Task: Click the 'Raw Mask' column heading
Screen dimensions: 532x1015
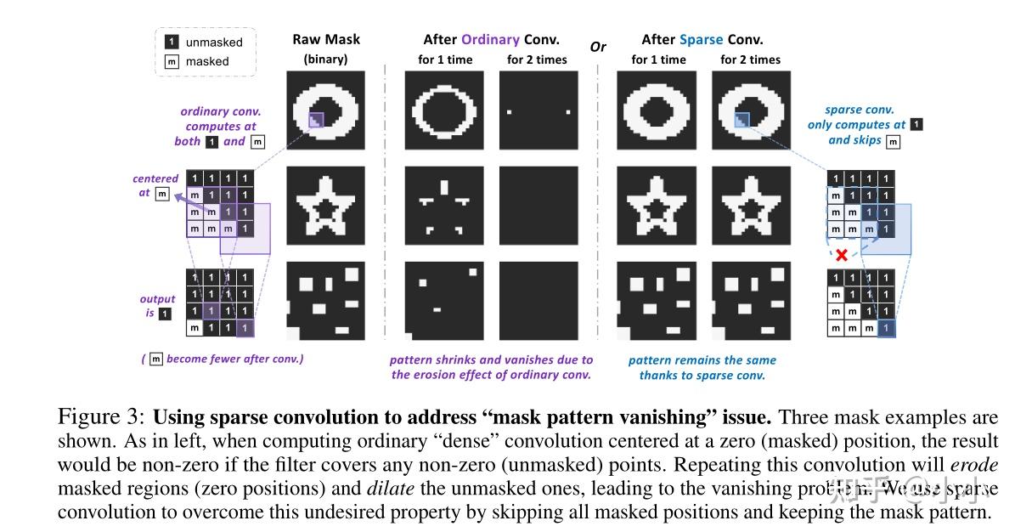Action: pos(326,39)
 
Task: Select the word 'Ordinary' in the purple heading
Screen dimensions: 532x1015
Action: pos(490,39)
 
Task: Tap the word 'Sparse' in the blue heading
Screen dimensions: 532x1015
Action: pos(702,39)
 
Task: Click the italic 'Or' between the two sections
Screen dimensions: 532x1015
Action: pos(598,47)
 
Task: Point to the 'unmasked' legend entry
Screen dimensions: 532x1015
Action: pos(213,42)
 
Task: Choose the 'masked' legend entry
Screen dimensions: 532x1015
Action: pos(207,61)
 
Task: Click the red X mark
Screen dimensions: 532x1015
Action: pos(840,255)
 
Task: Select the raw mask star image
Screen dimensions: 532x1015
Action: pos(326,205)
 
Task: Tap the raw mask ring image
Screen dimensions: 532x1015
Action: pos(326,110)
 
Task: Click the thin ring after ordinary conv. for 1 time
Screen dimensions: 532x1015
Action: pos(444,110)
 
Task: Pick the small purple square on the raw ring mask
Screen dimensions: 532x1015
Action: pos(315,122)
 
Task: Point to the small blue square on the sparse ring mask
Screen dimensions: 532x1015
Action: pos(741,122)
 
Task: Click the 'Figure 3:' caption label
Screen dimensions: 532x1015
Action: pos(102,417)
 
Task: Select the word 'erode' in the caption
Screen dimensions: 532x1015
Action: pos(973,465)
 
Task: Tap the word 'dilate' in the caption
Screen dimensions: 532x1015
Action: pos(389,489)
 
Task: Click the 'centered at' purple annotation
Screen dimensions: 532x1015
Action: pos(156,185)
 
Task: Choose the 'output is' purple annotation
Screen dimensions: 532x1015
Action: pos(157,306)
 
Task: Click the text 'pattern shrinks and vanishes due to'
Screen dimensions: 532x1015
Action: pos(491,359)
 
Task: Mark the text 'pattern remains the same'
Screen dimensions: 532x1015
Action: pos(702,359)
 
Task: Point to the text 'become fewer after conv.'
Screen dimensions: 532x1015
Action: pos(234,359)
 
